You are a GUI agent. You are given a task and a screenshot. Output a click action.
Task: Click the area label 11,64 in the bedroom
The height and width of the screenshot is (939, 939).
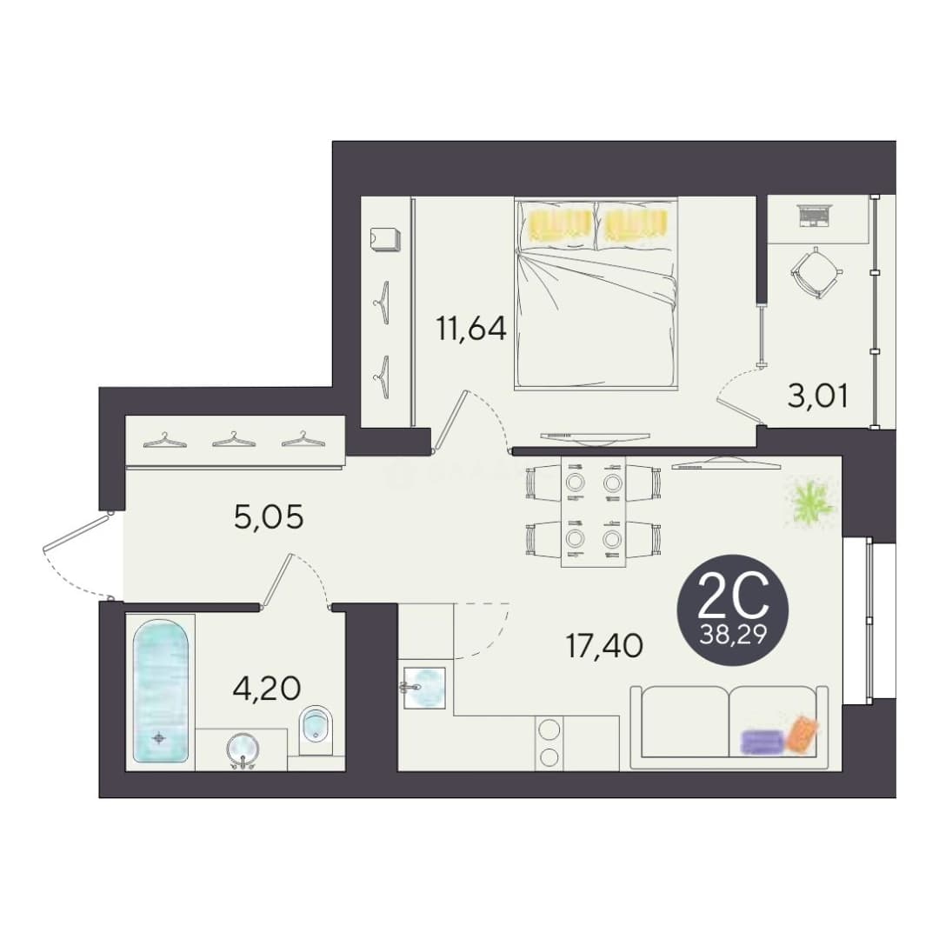pyautogui.click(x=471, y=329)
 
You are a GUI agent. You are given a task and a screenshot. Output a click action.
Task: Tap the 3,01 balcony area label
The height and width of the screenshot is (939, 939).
pyautogui.click(x=817, y=396)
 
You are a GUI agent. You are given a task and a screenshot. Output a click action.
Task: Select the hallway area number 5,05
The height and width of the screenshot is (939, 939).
pyautogui.click(x=269, y=516)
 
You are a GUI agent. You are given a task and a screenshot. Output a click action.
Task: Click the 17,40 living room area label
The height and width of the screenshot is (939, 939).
pyautogui.click(x=604, y=645)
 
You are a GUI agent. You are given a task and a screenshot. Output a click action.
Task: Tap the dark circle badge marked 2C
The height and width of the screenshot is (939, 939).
pyautogui.click(x=732, y=609)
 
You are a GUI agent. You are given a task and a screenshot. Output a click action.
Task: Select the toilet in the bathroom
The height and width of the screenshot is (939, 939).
pyautogui.click(x=316, y=731)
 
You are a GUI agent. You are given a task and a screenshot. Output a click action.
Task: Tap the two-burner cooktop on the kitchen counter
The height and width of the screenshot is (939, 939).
pyautogui.click(x=549, y=743)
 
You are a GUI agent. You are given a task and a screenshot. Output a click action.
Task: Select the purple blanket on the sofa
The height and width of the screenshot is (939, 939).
pyautogui.click(x=762, y=742)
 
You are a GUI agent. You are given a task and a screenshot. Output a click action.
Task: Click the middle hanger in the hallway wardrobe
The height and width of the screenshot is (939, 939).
pyautogui.click(x=234, y=439)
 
